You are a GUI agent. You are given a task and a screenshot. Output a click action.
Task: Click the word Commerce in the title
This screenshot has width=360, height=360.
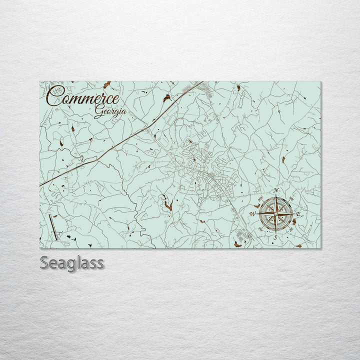pos(84,97)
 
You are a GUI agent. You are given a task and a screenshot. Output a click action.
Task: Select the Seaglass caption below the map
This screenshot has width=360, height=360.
pos(72,262)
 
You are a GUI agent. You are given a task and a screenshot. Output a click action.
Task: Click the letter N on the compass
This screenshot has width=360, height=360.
pos(276,191)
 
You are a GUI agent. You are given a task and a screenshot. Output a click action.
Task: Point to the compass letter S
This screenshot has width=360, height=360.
pos(275,238)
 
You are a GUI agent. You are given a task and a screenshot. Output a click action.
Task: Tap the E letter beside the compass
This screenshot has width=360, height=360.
pos(298,214)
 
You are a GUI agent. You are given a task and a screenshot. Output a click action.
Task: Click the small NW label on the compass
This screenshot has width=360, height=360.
pos(260,198)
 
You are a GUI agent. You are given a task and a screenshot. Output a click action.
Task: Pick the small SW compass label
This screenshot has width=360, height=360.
pos(260,229)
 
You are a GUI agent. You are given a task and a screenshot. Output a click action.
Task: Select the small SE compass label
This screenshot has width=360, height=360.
pos(291,229)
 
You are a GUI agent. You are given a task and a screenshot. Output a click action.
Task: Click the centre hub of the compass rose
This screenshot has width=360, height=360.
pos(275,214)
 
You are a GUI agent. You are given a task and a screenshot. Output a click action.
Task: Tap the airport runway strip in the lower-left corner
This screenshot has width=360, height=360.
pos(53,227)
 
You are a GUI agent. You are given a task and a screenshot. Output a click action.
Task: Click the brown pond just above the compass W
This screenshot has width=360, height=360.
pos(257,205)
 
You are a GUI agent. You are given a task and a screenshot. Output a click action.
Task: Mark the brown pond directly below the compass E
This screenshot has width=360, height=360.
pos(294,221)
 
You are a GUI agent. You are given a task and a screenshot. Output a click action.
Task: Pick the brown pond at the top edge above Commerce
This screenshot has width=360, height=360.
pos(106,84)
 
